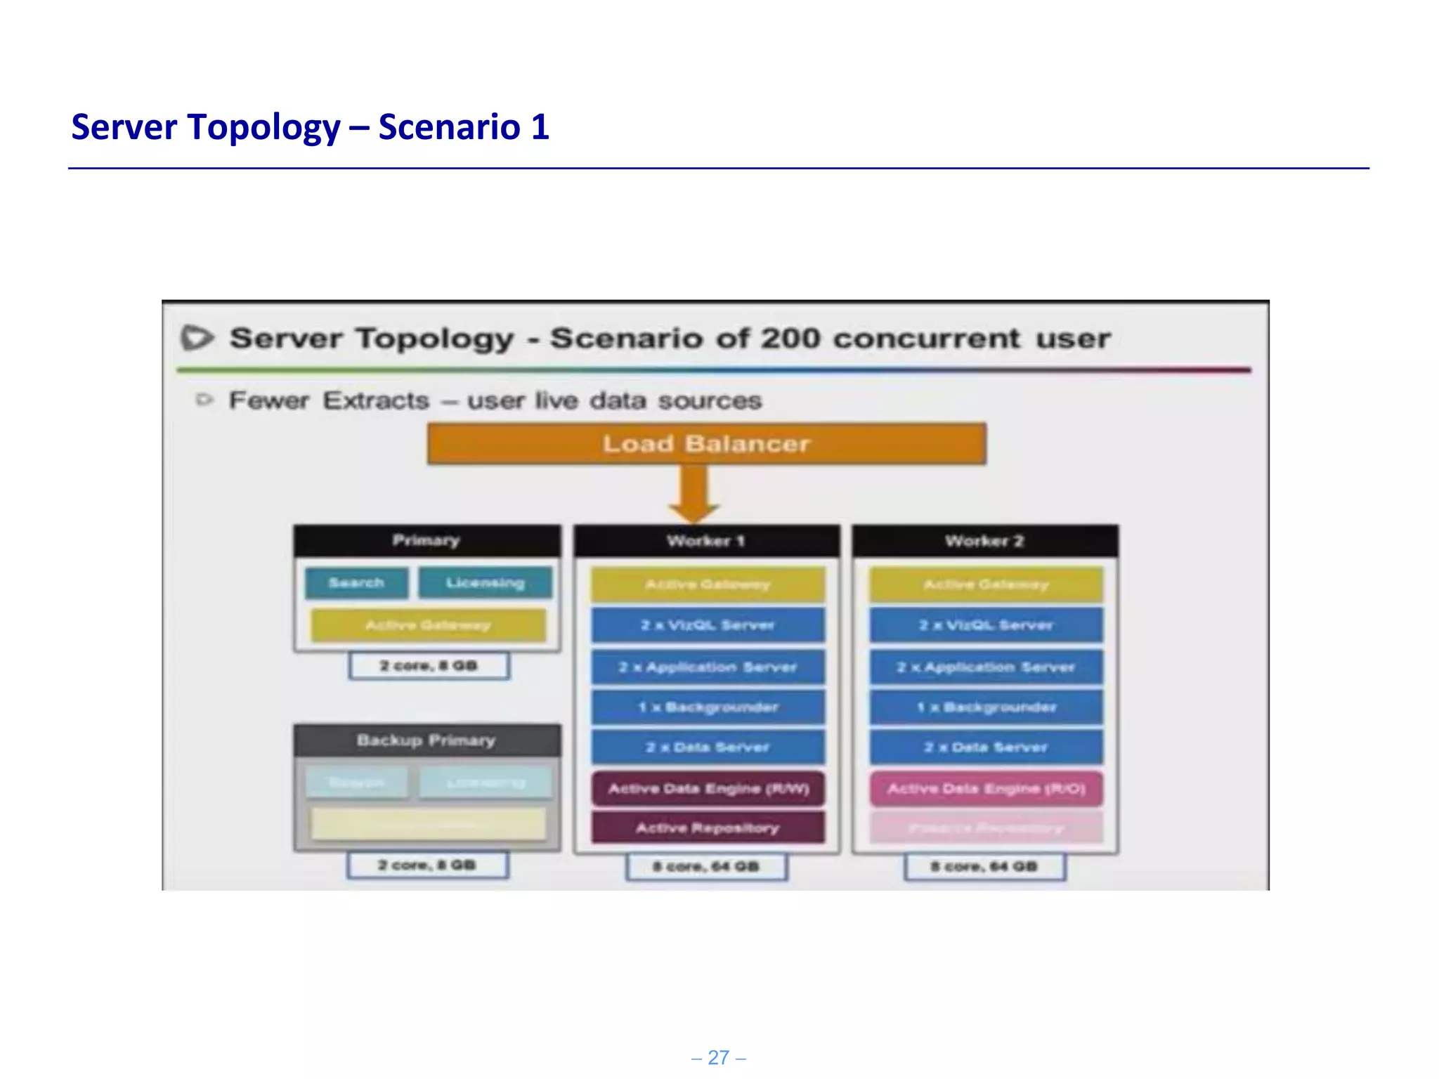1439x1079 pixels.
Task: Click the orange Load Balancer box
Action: (706, 443)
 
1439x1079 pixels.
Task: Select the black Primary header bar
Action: (427, 540)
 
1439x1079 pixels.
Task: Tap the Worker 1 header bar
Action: (706, 541)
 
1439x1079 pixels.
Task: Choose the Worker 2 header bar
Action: (984, 541)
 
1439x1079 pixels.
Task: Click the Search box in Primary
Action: (356, 583)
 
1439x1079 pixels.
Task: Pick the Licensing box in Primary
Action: (485, 583)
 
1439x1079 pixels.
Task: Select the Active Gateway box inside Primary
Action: (428, 624)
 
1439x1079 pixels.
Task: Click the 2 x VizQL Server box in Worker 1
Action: (707, 624)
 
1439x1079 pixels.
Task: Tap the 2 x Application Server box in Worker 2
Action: (986, 667)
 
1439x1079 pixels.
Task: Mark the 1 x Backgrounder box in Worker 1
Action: (707, 707)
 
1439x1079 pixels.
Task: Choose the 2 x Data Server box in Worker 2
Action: (986, 747)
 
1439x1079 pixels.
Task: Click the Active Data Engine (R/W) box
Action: (708, 788)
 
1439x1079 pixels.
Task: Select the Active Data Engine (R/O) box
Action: (986, 788)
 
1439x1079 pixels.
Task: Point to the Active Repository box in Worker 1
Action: (708, 828)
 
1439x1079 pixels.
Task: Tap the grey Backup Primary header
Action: (427, 740)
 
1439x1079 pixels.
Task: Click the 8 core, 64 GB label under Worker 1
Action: (706, 866)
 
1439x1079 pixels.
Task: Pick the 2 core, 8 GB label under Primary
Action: (429, 665)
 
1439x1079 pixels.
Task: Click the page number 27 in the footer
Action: (718, 1057)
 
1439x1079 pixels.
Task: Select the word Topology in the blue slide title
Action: (264, 127)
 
